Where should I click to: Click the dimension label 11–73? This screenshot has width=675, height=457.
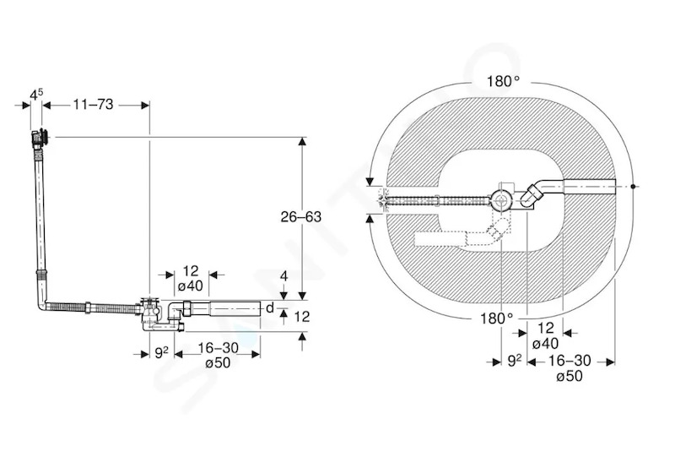[x=93, y=105]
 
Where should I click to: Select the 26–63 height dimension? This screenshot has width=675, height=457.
[x=301, y=216]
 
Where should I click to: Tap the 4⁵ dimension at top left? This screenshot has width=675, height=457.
[x=36, y=95]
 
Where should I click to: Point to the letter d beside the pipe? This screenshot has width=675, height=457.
[x=269, y=307]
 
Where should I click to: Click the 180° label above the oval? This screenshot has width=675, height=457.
[x=503, y=81]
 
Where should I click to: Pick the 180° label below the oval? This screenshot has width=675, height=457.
[x=496, y=318]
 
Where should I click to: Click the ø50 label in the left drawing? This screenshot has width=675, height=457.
[x=218, y=363]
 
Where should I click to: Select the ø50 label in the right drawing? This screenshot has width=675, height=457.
[x=569, y=376]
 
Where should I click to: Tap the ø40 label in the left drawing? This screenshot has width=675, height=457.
[x=191, y=286]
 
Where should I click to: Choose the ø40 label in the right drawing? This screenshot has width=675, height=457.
[x=545, y=344]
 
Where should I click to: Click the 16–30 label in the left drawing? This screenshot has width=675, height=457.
[x=218, y=347]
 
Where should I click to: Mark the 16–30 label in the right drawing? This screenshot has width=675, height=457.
[x=570, y=361]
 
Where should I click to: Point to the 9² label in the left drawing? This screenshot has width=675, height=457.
[x=161, y=353]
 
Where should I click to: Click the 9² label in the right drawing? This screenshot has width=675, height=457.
[x=514, y=361]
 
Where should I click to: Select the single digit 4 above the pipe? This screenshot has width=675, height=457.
[x=283, y=276]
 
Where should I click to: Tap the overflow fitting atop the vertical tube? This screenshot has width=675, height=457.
[x=40, y=138]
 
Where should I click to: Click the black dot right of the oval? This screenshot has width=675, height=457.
[x=633, y=187]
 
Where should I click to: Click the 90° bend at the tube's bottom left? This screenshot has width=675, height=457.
[x=41, y=304]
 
